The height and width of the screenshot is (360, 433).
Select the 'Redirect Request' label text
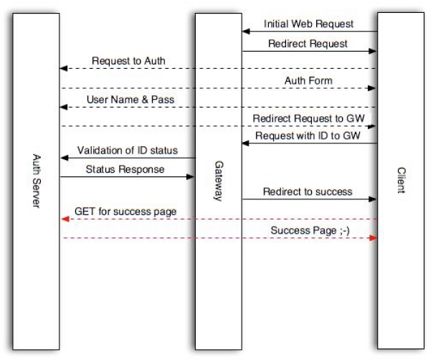coord(308,43)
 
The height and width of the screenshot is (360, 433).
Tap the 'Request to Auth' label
coord(128,61)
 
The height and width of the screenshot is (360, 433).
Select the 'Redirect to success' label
coord(308,191)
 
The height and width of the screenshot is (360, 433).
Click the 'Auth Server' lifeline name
coord(35,180)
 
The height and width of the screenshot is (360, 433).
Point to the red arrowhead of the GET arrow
coord(63,219)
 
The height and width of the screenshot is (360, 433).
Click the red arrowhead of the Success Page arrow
coord(373,237)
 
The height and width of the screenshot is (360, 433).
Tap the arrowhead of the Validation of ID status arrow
coord(63,158)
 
